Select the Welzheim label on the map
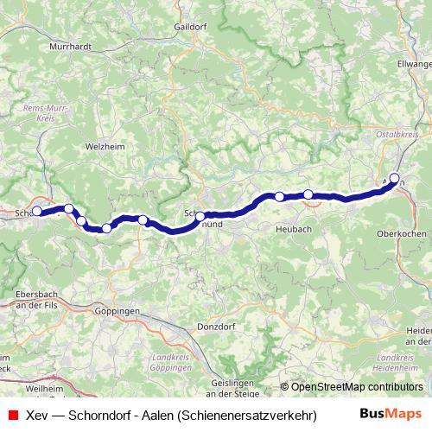pyautogui.click(x=109, y=147)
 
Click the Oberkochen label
pyautogui.click(x=402, y=233)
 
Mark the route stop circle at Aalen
pyautogui.click(x=394, y=179)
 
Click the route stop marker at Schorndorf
pyautogui.click(x=36, y=210)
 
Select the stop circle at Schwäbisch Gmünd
pyautogui.click(x=200, y=217)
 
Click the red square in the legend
pyautogui.click(x=11, y=415)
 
